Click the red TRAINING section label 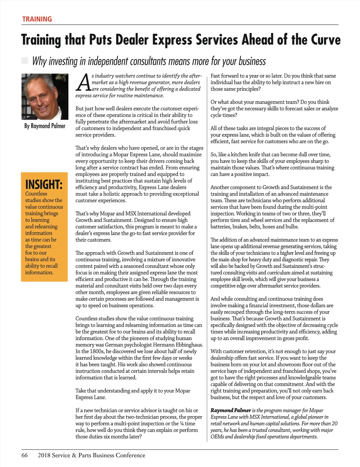(x=37, y=19)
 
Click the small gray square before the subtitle (x=25, y=61)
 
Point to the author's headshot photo (x=44, y=97)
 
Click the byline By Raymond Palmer (x=45, y=126)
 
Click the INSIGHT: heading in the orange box (x=44, y=184)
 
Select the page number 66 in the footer (x=25, y=455)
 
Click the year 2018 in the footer (x=44, y=455)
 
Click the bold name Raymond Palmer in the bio (x=230, y=410)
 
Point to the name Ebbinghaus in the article (x=188, y=345)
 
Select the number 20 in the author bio (x=334, y=424)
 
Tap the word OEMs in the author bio (x=217, y=437)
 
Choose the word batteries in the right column (x=220, y=227)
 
